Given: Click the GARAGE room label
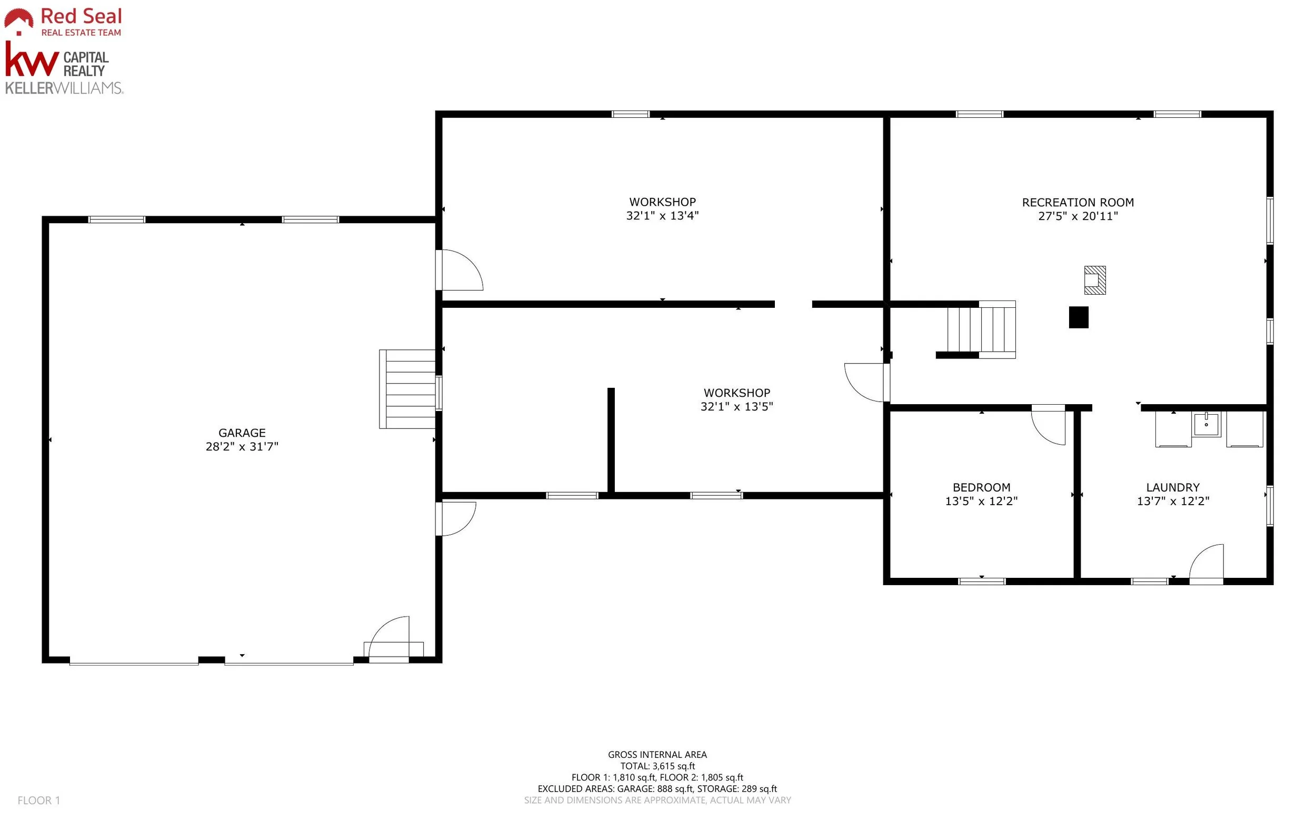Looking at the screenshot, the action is tap(242, 433).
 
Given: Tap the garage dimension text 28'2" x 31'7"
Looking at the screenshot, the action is tap(242, 446).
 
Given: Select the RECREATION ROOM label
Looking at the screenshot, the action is tap(1078, 202).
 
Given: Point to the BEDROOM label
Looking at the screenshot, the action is tap(982, 488).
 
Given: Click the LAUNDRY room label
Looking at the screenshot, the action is tap(1173, 488).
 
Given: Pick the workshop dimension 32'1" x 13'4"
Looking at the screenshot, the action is tap(662, 215).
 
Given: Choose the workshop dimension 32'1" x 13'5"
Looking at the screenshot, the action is tap(737, 407).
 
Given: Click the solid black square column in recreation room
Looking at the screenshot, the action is tap(1079, 317).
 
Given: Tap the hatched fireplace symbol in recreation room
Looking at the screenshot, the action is tap(1095, 280).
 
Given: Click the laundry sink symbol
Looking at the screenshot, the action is tap(1206, 424).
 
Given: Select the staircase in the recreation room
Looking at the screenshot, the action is tap(981, 329).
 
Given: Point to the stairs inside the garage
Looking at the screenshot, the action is tap(408, 389).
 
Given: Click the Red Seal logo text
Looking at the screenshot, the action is tap(82, 16).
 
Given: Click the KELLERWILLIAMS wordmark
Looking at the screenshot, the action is tap(64, 87).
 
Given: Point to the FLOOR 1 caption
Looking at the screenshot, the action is tap(38, 800).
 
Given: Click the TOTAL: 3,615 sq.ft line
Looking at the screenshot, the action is tap(657, 766).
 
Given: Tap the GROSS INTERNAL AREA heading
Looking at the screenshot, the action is tap(657, 755).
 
